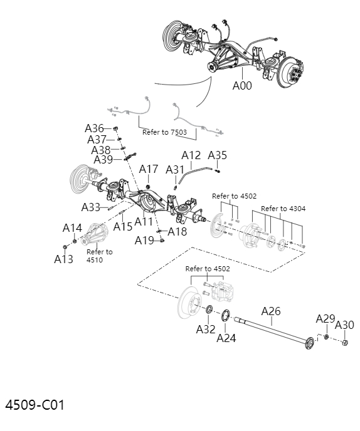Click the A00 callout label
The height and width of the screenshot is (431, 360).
[x=242, y=86]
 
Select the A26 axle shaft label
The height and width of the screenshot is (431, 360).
[x=271, y=311]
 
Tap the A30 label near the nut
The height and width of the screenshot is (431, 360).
[x=344, y=325]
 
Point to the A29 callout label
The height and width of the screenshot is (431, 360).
[x=326, y=319]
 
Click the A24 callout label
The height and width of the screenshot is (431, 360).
[x=226, y=338]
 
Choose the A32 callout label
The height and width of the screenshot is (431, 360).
[x=206, y=329]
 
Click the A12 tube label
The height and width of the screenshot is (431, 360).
[x=191, y=155]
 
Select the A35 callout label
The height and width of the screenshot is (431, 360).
[x=217, y=155]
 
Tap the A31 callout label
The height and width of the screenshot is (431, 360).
[x=175, y=169]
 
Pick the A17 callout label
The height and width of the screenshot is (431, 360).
[x=149, y=169]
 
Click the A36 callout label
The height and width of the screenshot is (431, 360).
[x=95, y=128]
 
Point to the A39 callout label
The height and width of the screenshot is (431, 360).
[x=103, y=160]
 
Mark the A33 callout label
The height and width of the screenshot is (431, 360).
[x=91, y=207]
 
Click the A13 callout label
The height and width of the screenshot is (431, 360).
[x=63, y=258]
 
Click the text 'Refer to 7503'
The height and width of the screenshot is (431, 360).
[x=164, y=132]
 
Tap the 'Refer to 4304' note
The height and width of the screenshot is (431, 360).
[x=283, y=209]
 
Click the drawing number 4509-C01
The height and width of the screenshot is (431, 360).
[x=35, y=405]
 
